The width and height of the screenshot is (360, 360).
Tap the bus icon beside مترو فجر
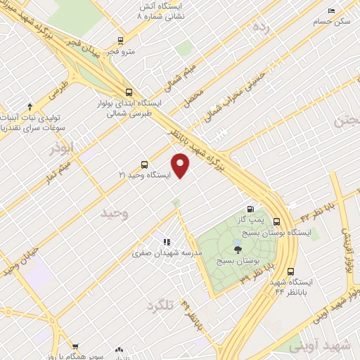120,41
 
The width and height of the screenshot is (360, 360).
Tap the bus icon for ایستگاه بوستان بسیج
276,220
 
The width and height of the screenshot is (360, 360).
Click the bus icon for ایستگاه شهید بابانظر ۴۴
291,271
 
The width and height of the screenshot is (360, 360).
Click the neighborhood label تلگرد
160,306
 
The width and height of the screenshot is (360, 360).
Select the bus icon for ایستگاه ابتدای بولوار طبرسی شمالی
127,91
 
